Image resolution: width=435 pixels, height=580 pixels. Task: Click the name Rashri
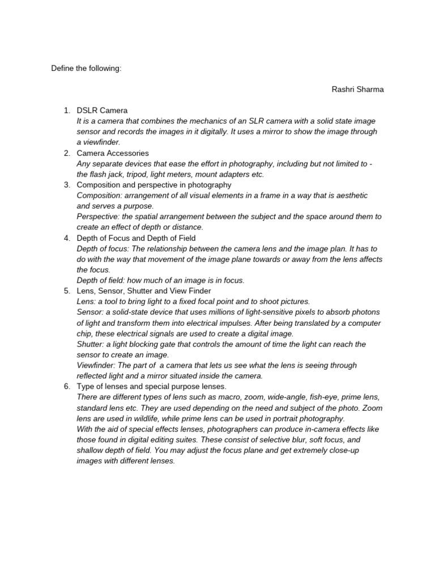point(344,89)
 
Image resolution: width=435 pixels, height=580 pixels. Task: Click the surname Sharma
point(370,89)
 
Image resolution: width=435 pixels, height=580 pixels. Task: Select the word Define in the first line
point(63,69)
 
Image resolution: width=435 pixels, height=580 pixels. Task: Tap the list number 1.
point(66,110)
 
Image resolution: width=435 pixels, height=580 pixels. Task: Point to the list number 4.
point(66,238)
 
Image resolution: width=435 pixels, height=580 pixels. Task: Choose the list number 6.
point(66,386)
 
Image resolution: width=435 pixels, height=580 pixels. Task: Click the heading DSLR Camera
point(102,110)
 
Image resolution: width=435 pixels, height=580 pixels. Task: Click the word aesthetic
point(349,195)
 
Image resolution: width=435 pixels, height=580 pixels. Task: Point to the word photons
point(363,312)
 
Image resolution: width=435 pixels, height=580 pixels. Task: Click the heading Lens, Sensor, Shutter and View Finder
point(143,291)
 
